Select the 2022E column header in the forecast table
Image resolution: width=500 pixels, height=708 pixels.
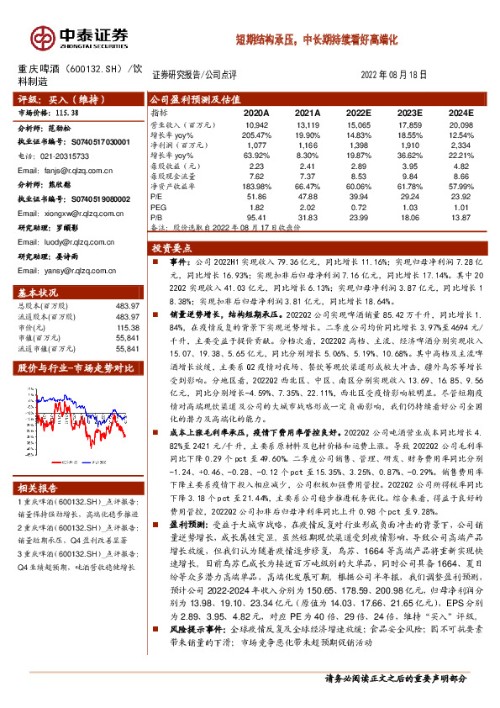point(359,112)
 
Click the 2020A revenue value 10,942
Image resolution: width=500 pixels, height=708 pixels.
point(256,124)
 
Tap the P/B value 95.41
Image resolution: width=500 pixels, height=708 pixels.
point(256,216)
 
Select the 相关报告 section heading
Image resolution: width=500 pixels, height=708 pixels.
point(39,488)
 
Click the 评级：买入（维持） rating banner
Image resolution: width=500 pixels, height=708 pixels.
point(55,98)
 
